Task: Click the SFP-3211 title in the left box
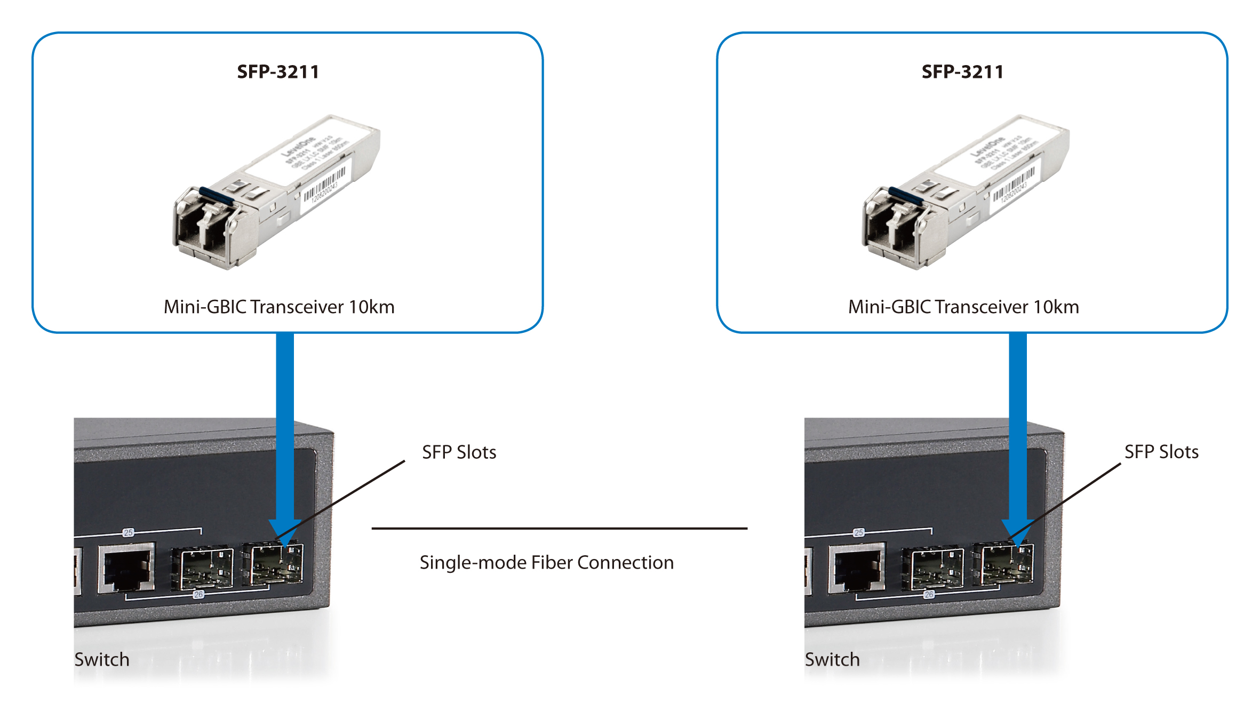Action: [278, 72]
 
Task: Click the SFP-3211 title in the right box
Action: [962, 72]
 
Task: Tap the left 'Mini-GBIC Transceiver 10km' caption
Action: [279, 307]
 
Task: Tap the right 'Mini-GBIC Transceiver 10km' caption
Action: [963, 307]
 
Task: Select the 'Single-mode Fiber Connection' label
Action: [546, 563]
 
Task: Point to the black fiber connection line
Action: [559, 529]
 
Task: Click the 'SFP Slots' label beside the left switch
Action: [459, 452]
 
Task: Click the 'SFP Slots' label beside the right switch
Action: [1161, 452]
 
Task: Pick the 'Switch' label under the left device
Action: [102, 660]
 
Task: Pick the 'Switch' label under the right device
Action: [832, 660]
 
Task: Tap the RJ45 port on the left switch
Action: [126, 569]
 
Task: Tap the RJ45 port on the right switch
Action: [857, 569]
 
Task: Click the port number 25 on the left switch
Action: [128, 532]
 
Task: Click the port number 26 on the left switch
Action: [198, 594]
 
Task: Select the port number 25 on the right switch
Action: [859, 532]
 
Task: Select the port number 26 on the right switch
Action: [929, 594]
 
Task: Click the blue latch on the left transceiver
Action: [216, 196]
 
